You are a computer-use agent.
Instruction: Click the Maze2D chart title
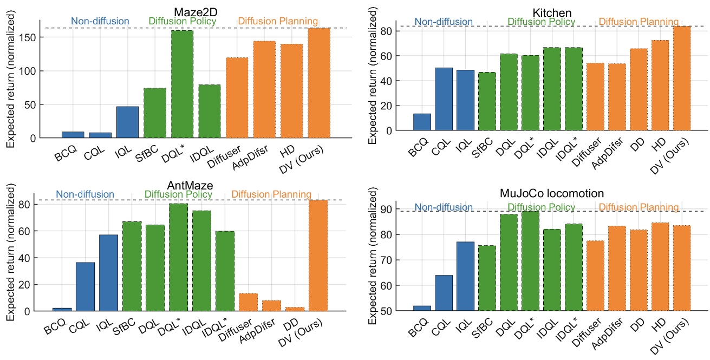(x=193, y=11)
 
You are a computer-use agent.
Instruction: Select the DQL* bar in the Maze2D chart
(x=182, y=84)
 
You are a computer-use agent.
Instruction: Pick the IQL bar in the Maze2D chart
(x=127, y=122)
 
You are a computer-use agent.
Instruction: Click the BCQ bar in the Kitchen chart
(x=422, y=122)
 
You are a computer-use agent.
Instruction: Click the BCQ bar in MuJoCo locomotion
(x=422, y=308)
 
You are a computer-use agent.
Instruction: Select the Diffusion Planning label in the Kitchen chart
(x=639, y=22)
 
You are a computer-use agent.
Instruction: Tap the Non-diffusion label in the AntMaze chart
(x=85, y=194)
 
